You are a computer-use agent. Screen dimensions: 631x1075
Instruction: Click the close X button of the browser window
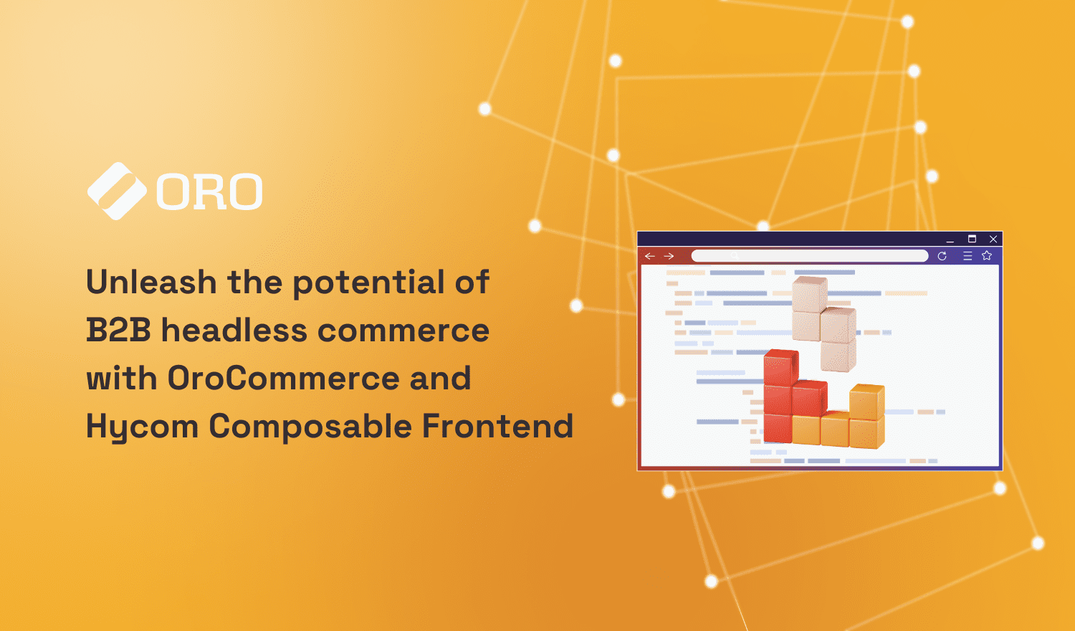point(993,239)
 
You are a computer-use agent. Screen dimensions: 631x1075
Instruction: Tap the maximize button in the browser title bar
point(973,239)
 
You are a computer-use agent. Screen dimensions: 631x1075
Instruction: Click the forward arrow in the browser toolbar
point(669,256)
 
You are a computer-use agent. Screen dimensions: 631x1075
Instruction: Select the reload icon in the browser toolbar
point(942,256)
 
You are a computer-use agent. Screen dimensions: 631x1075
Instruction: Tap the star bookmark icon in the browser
point(987,256)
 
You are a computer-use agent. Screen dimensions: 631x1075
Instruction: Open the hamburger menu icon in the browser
point(967,256)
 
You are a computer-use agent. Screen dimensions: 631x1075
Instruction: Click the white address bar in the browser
point(810,256)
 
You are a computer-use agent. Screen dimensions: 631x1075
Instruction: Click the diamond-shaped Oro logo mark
point(116,191)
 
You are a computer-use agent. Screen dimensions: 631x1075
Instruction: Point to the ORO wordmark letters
point(209,192)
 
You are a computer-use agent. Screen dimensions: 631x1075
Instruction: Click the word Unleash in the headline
point(151,282)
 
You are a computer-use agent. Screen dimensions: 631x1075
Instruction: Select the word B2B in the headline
point(118,331)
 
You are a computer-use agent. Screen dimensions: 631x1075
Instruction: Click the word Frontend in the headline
point(497,426)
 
